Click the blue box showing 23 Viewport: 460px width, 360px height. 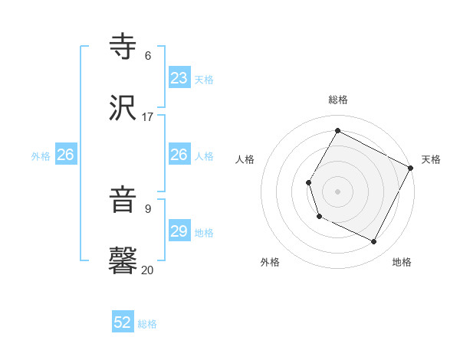coord(179,78)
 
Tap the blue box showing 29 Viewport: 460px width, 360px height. coord(179,231)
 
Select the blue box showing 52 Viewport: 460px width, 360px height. coord(123,323)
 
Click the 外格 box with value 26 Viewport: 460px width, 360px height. coord(66,155)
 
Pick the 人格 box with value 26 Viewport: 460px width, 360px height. coord(179,155)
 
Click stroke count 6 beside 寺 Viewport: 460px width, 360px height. coord(148,56)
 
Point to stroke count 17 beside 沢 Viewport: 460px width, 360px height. coord(148,117)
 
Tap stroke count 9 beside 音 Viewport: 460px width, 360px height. coord(148,208)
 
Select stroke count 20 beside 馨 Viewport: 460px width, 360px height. coord(148,270)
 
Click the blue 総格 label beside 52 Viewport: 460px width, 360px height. coord(147,324)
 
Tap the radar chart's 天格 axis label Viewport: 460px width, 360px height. coord(431,159)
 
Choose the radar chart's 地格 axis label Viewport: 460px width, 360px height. coord(402,262)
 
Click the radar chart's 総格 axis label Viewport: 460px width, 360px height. coord(338,100)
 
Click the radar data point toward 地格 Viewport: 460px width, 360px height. coord(374,242)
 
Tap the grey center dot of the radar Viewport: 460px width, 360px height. coord(337,191)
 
